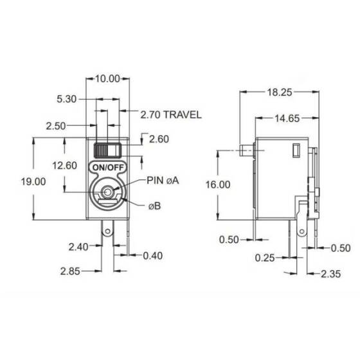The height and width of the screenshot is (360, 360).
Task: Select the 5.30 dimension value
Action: point(67,100)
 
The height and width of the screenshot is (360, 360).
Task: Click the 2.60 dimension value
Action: point(159,139)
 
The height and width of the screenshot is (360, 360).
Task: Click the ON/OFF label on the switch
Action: point(108,166)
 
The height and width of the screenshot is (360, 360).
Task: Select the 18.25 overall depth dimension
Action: point(281,92)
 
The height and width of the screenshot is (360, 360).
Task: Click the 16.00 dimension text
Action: point(218,184)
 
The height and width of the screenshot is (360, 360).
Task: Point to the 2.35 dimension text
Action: point(331,274)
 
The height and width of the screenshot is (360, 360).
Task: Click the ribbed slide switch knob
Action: point(107,150)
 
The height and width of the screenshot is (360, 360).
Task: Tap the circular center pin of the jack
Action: point(107,191)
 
